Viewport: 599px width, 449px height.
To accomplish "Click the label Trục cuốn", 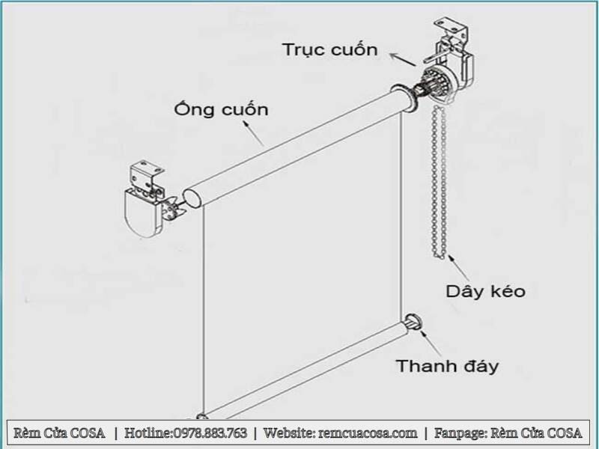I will point(329,50).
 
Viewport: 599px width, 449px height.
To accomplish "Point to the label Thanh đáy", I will point(447,366).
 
